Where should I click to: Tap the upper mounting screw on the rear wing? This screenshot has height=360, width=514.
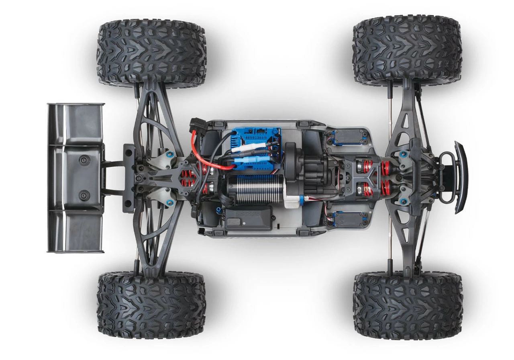tap(84, 160)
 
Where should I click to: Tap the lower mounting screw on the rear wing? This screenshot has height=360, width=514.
tap(84, 196)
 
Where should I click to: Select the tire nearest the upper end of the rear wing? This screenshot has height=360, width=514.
tap(151, 53)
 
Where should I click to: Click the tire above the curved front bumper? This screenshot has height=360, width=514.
tap(407, 50)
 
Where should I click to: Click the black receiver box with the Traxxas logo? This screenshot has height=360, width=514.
tap(248, 217)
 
